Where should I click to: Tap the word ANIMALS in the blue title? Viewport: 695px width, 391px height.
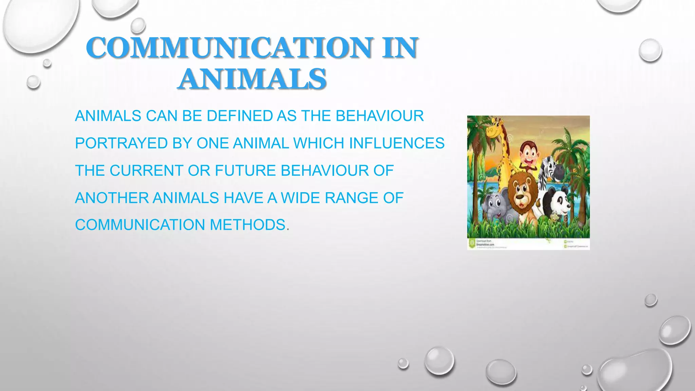[252, 79]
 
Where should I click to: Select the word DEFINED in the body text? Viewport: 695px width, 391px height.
[240, 116]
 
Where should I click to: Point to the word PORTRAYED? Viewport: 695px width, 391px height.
[121, 143]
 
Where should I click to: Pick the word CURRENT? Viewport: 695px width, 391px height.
[146, 171]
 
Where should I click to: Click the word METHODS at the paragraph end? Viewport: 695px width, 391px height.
[247, 225]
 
